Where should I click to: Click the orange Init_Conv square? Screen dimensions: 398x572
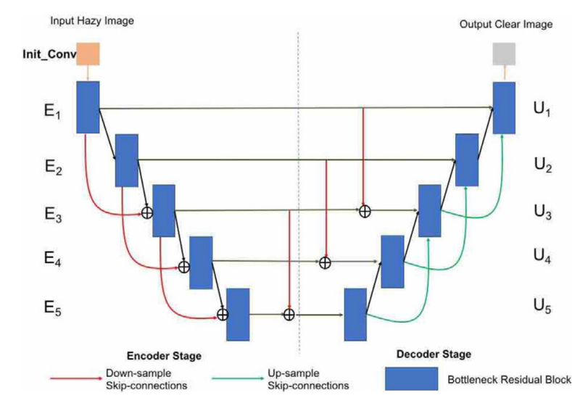pos(88,54)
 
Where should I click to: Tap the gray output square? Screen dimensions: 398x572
pos(504,54)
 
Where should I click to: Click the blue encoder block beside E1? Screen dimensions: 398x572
pos(88,107)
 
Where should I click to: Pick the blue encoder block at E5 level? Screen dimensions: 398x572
pos(238,314)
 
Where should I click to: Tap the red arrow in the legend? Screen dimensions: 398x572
pos(75,378)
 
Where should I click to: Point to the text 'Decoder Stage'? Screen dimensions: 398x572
pos(434,355)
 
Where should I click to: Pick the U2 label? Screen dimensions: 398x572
pos(542,170)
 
